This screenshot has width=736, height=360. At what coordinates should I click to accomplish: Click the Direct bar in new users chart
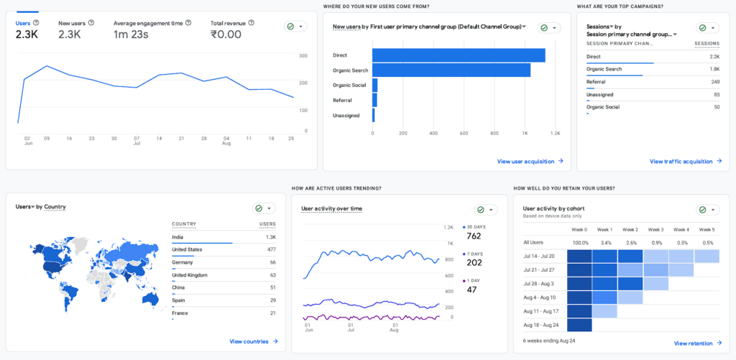[459, 55]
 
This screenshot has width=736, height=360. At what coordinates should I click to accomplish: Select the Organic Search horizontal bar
[451, 70]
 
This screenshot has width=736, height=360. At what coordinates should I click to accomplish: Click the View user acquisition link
[530, 162]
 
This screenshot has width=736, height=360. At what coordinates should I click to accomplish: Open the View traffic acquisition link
[686, 162]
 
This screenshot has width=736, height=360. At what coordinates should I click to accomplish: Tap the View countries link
[254, 342]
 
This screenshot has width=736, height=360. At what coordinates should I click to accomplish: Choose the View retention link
[698, 343]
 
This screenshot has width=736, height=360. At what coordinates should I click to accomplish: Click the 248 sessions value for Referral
[715, 82]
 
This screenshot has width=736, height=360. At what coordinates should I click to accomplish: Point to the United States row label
[187, 249]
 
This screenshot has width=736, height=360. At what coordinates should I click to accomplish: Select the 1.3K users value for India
[270, 238]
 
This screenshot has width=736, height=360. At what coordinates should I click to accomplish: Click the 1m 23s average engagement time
[131, 34]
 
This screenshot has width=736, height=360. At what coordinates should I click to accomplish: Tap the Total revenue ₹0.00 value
[226, 34]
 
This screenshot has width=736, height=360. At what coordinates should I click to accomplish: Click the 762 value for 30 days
[474, 236]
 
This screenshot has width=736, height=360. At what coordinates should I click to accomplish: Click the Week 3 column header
[655, 230]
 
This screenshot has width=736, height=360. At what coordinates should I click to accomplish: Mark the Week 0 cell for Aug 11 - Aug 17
[579, 311]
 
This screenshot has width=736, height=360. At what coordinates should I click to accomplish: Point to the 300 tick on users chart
[303, 56]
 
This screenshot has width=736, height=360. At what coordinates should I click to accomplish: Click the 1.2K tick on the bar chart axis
[556, 134]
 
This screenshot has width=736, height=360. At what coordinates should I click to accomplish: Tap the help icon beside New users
[91, 22]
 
